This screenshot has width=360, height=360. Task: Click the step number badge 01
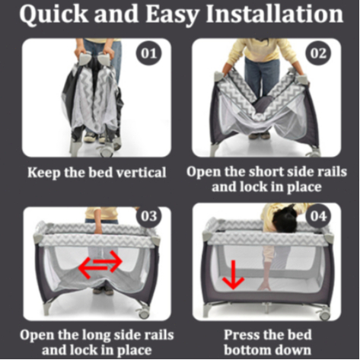coord(148,54)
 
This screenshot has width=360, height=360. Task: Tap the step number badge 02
coord(318,54)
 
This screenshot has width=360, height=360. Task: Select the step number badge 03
coord(148,216)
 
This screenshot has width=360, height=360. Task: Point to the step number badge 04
coord(318,216)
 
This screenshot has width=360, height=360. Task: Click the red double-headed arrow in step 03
coord(100,264)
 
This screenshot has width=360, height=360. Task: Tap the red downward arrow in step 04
coord(233,275)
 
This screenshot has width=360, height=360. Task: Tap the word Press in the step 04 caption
coord(241,335)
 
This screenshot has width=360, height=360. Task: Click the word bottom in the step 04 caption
coord(247,350)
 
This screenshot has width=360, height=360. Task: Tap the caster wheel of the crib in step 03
coord(144,313)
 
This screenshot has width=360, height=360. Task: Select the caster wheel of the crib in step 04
coord(325,314)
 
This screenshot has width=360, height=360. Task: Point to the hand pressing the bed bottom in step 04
coord(265,286)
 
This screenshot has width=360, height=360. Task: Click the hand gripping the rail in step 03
coord(98,229)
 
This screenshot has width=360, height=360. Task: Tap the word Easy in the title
coord(172,14)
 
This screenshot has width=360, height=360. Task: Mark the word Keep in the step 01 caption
coord(44,173)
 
